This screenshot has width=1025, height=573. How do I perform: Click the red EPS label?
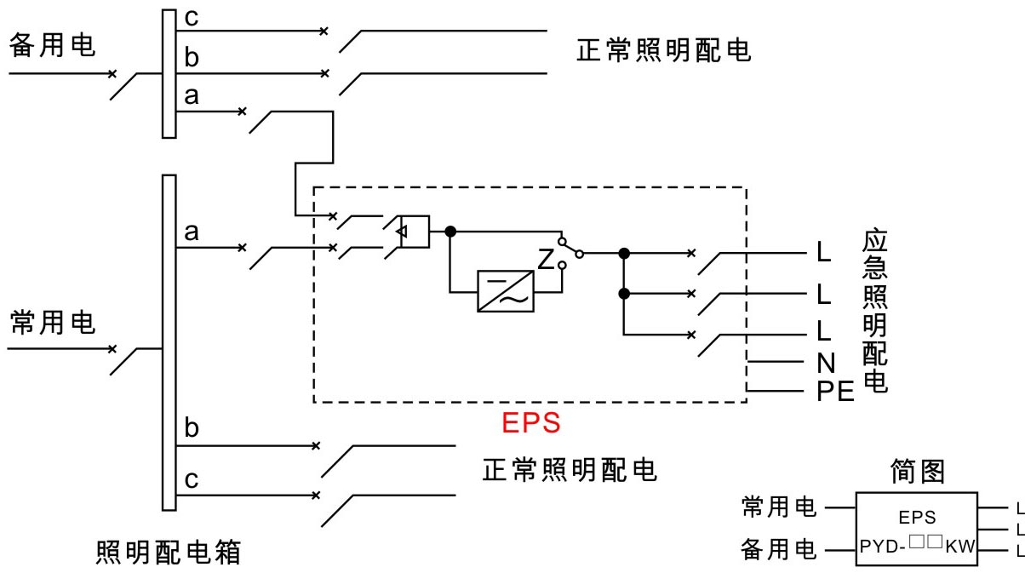(x=531, y=422)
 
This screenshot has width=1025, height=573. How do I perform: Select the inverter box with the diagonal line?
(x=505, y=291)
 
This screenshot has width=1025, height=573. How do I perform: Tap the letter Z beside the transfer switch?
(x=546, y=259)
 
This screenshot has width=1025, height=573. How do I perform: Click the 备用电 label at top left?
(x=52, y=45)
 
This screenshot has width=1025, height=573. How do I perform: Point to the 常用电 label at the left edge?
(x=52, y=322)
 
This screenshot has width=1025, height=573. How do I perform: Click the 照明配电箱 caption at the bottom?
(x=169, y=552)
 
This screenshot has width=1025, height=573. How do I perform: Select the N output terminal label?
(x=826, y=364)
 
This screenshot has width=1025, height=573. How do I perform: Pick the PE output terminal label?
(x=835, y=392)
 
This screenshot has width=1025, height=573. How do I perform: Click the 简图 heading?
(x=918, y=471)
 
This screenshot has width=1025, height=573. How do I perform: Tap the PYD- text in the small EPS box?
(x=883, y=547)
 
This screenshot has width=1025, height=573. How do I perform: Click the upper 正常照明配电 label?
(x=663, y=50)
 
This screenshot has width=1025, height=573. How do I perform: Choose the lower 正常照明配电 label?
(x=570, y=470)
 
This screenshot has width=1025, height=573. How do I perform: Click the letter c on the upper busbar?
(x=192, y=19)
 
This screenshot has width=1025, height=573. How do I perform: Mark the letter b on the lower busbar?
(x=192, y=427)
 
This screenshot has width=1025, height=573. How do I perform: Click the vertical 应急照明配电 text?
(x=875, y=311)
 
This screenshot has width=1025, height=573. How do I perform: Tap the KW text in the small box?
(x=960, y=547)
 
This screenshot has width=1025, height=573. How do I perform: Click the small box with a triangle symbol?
(x=415, y=232)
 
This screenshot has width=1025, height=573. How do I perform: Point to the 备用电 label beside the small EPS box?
(x=779, y=549)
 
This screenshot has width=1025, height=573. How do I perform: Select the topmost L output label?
(x=824, y=252)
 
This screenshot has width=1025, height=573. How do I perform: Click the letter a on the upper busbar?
(x=192, y=96)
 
